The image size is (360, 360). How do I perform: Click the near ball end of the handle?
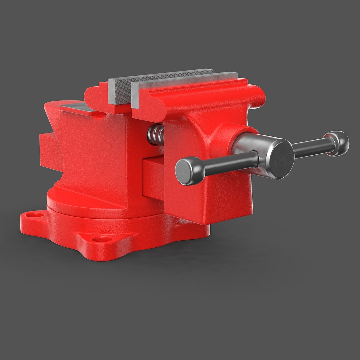click(189, 171)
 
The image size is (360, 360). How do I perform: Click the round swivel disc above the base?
click(100, 205)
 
